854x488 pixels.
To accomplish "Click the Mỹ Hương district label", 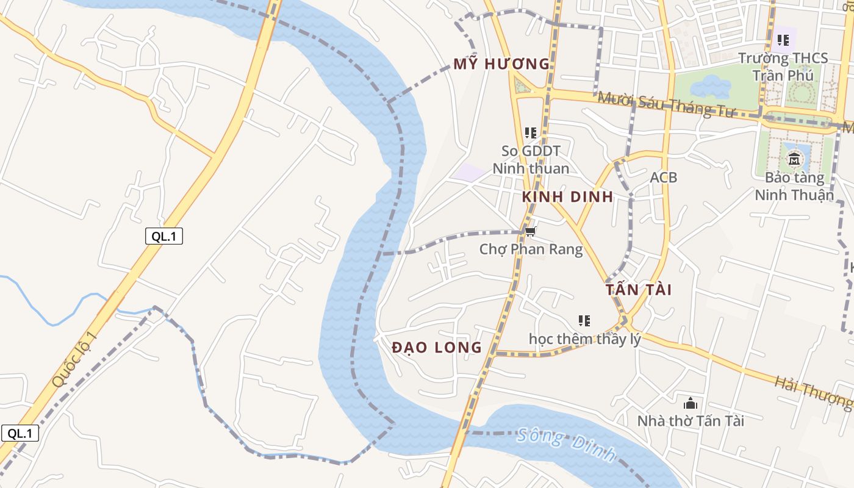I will [501, 64].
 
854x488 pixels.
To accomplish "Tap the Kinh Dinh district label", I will [567, 196].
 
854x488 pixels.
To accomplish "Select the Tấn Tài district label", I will [639, 290].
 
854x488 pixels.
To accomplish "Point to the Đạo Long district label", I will [437, 348].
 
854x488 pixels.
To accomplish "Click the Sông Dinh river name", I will [566, 447].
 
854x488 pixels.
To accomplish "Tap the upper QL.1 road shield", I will [164, 237].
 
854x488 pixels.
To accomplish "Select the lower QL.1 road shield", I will [20, 434].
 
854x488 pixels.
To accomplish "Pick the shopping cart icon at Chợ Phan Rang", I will [531, 231].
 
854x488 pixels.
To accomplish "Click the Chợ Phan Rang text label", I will [531, 249].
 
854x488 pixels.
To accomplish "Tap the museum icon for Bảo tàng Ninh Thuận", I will [794, 160].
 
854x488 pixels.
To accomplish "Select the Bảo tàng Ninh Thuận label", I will [794, 187].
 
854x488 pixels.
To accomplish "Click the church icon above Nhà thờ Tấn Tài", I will [691, 403].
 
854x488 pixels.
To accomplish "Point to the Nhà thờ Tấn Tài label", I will [691, 421].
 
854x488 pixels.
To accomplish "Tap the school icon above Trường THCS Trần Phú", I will [783, 41].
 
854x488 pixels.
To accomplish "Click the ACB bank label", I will [663, 178].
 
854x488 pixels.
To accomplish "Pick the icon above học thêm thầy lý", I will [584, 320].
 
